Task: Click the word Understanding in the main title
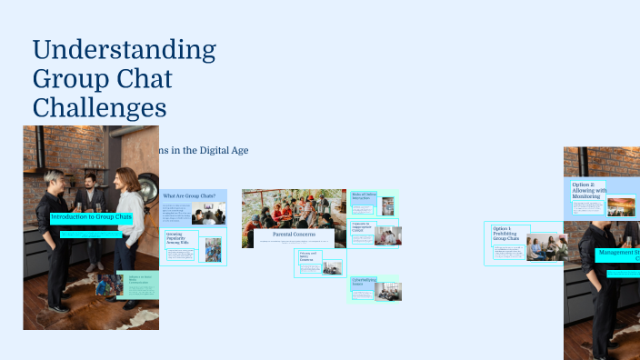pos(124,49)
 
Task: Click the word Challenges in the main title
pos(100,109)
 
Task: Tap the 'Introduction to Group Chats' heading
pos(91,217)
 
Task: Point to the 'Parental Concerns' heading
pos(294,235)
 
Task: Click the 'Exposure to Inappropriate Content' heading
pos(363,228)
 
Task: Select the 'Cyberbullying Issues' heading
pos(362,284)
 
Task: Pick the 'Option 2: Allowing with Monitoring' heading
pos(588,189)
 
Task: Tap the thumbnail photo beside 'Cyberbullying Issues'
pos(388,292)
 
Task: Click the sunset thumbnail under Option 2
pos(621,206)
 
